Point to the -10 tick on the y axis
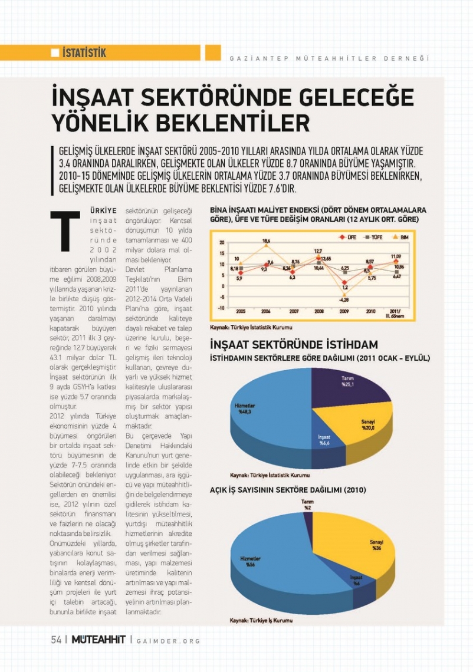[x=222, y=307]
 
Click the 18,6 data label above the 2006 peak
[x=266, y=241]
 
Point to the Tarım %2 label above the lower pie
[x=307, y=505]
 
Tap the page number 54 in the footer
[x=56, y=640]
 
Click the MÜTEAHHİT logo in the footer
[x=98, y=640]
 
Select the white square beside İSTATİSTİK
[x=55, y=54]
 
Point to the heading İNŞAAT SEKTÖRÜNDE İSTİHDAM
[x=294, y=345]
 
